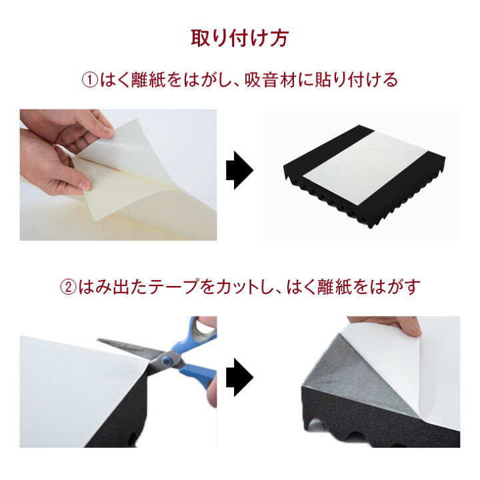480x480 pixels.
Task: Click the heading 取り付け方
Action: pos(240,38)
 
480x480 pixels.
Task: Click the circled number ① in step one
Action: pos(89,80)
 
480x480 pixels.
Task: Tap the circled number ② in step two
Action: pos(68,287)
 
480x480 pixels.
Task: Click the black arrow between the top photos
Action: pos(240,170)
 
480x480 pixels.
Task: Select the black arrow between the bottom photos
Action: pos(240,377)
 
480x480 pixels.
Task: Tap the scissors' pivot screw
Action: pos(167,361)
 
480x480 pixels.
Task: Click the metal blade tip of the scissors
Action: pos(99,340)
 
